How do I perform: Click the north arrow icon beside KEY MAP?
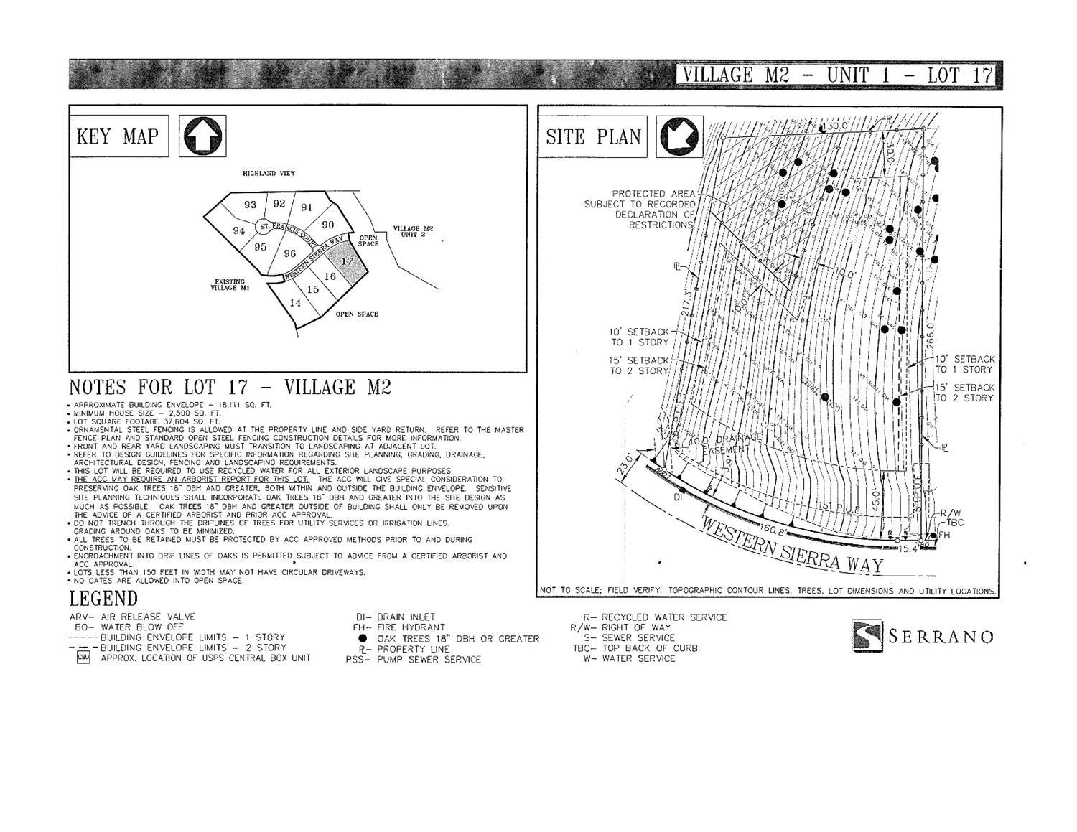click(x=202, y=136)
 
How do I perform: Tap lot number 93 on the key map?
click(x=250, y=205)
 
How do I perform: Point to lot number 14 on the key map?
click(x=295, y=303)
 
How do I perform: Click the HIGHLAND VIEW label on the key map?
click(x=269, y=174)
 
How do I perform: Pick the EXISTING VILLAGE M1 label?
click(x=229, y=285)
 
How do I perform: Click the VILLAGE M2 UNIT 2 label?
click(x=413, y=232)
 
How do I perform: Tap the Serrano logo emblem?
click(x=867, y=635)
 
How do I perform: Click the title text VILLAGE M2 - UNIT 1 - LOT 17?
click(x=836, y=75)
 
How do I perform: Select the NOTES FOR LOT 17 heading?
click(x=230, y=388)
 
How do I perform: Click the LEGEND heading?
click(x=103, y=599)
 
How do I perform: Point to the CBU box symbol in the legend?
click(x=83, y=658)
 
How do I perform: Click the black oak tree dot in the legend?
click(x=363, y=639)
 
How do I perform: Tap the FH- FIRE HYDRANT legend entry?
click(x=399, y=627)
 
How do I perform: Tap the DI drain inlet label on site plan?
click(x=678, y=497)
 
